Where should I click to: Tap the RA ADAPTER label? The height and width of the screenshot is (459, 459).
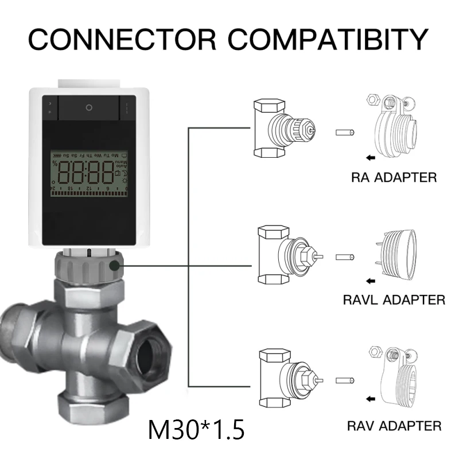pos(394,177)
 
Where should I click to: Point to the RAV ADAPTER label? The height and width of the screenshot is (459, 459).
pos(394,426)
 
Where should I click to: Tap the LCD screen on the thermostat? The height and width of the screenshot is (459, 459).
pos(89,173)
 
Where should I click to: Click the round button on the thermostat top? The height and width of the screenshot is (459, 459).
pos(89,107)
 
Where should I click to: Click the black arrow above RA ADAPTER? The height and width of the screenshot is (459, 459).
pos(372,155)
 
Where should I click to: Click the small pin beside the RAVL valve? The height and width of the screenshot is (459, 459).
pos(345,256)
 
